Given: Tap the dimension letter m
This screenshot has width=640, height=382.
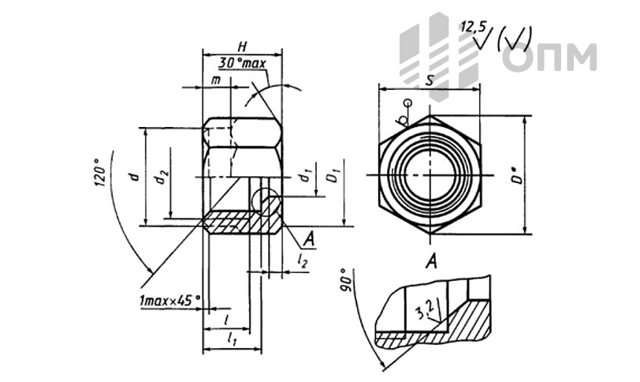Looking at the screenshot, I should (215, 81).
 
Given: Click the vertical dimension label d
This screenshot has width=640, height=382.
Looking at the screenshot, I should (136, 176).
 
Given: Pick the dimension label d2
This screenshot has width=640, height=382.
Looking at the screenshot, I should (161, 178).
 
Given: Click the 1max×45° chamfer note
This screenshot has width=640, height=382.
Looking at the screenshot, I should (169, 301).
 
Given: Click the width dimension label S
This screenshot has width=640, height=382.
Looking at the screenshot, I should (429, 81).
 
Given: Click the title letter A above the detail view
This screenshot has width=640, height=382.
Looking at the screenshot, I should (432, 260).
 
